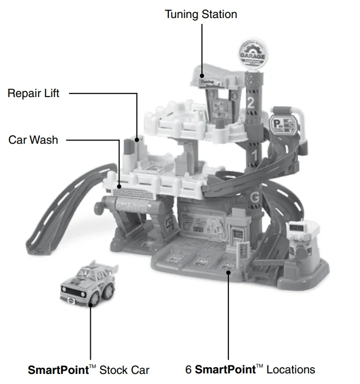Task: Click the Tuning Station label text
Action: pos(201,14)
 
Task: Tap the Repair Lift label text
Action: pos(33,93)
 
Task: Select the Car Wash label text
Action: pos(33,140)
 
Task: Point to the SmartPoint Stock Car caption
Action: pos(89,369)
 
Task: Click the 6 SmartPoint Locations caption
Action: pos(250,369)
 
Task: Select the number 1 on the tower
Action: pos(254,155)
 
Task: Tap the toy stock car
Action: pos(87,284)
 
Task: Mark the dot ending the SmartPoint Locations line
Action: pos(228,272)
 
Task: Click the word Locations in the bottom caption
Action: pos(290,369)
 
